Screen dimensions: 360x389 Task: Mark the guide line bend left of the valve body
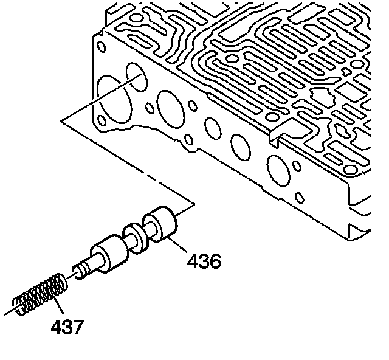pyautogui.click(x=63, y=122)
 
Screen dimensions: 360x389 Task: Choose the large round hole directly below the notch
pyautogui.click(x=276, y=167)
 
